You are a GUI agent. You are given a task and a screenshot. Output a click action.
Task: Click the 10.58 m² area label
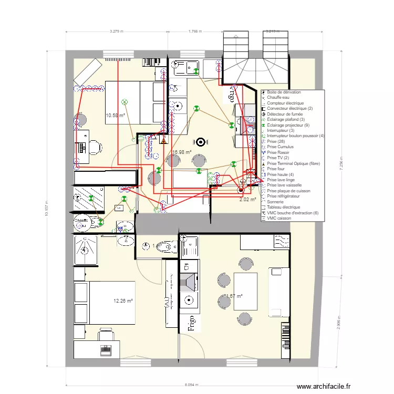(115, 115)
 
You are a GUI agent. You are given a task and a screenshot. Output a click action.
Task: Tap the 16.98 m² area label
(182, 152)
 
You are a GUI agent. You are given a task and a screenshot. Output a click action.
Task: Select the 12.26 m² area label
(123, 301)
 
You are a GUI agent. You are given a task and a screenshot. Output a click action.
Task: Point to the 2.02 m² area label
(247, 200)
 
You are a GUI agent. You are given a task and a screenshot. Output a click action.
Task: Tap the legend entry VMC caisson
(278, 218)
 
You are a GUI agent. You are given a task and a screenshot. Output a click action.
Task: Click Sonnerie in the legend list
(276, 202)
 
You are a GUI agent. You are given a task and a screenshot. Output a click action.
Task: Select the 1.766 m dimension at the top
(195, 32)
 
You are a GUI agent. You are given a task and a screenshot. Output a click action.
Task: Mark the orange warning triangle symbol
(164, 141)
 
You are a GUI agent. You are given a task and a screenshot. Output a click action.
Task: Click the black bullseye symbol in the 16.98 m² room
(200, 141)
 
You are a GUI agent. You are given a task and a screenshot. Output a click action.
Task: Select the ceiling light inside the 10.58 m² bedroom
(125, 101)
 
